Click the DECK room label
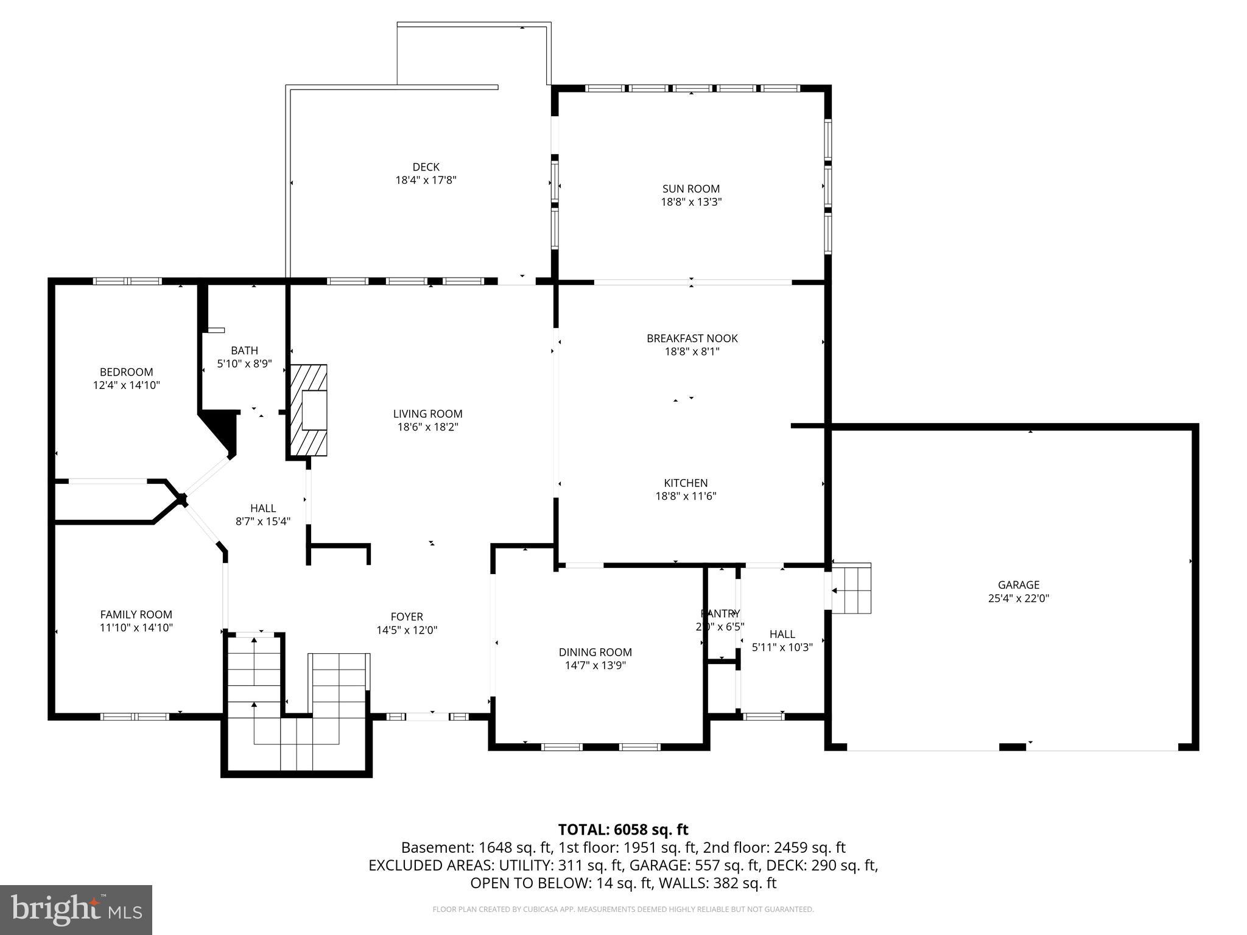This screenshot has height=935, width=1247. pos(426,167)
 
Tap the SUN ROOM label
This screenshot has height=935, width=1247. pos(691,189)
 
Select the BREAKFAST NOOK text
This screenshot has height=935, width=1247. pos(692,338)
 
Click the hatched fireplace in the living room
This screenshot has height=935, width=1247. pos(308,410)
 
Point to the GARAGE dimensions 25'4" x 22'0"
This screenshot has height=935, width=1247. pos(1018,598)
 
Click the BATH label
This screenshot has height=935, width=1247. pos(244,351)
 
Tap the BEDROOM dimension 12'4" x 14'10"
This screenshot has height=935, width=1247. pos(127,385)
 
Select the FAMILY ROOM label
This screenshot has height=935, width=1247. pos(136,615)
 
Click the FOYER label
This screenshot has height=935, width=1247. pos(407,617)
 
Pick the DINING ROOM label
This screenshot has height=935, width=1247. pos(595,652)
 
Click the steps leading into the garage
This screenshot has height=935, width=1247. pos(851,589)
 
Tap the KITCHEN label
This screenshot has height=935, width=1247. pos(686,483)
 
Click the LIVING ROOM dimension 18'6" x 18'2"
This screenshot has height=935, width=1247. pos(427,427)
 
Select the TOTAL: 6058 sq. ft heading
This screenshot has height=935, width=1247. pos(623,829)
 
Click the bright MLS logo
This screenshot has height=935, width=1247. pos(76,909)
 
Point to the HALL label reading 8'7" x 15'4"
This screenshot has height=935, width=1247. pos(263,521)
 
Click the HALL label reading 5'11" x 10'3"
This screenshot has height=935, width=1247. pos(782,647)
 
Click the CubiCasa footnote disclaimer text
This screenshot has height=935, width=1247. pos(623,909)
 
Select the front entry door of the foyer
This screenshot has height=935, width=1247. pos(427,716)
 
